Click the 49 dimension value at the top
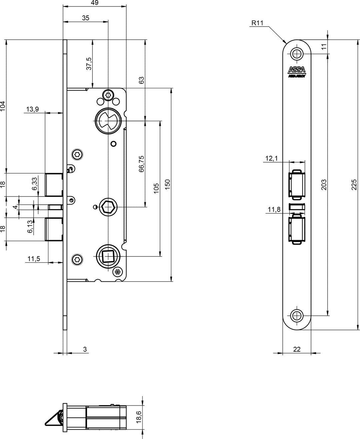[x=95, y=3]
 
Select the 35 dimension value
[x=86, y=18]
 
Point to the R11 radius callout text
[x=257, y=23]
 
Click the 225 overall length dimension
[x=354, y=185]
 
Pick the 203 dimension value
[x=324, y=185]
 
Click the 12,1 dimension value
[x=271, y=159]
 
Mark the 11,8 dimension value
[x=274, y=210]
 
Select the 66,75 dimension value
[x=141, y=164]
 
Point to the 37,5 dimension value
[x=89, y=64]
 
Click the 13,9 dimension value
[x=33, y=109]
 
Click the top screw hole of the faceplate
[x=297, y=54]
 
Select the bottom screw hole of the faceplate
[x=297, y=315]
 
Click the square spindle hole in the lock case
[x=108, y=256]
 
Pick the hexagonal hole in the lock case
[x=108, y=207]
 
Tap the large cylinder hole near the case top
[x=108, y=121]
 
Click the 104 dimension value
[x=3, y=106]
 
